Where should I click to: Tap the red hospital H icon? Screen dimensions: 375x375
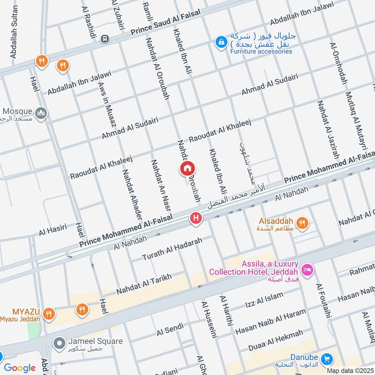click(195, 218)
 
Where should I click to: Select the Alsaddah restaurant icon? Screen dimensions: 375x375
click(302, 224)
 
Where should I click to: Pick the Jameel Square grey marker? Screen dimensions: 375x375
click(59, 344)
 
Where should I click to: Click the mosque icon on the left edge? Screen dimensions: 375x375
click(42, 113)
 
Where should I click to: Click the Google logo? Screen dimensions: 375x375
click(20, 368)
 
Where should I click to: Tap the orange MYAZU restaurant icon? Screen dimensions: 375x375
click(47, 313)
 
